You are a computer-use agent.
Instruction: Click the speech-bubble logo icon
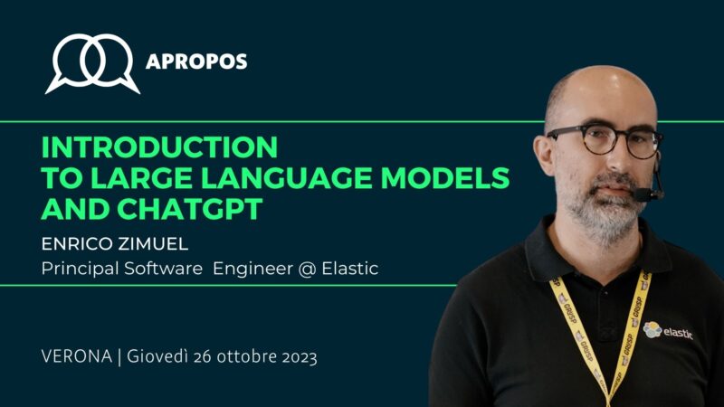[92, 62]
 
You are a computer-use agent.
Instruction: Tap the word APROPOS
[196, 62]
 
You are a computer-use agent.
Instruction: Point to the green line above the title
[271, 120]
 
